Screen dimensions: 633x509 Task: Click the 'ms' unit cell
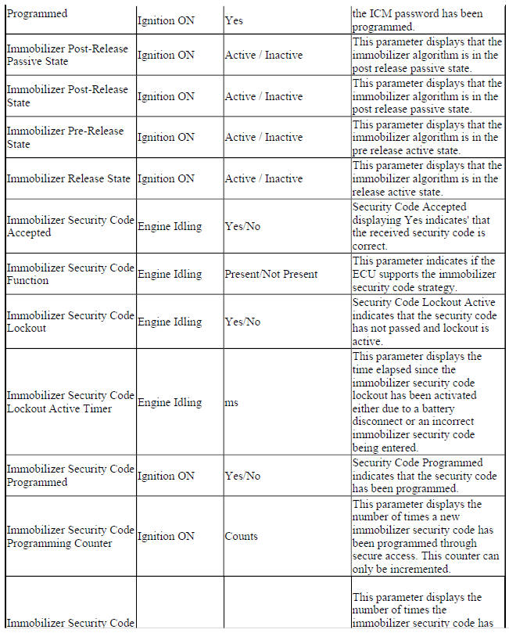[x=231, y=402]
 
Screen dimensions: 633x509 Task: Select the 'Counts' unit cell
[x=242, y=536]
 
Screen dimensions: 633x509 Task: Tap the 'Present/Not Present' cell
[x=271, y=274]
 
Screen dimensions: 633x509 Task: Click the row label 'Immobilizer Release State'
[x=69, y=178]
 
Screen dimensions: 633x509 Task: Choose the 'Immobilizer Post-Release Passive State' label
[x=67, y=55]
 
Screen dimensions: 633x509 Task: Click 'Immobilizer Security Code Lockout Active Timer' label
[x=70, y=402]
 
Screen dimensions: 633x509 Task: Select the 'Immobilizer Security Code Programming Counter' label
[x=70, y=536]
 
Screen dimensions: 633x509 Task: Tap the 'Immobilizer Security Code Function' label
[x=70, y=274]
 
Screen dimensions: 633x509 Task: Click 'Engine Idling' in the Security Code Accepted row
[x=170, y=226]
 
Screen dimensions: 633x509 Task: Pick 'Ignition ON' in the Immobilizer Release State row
[x=166, y=178]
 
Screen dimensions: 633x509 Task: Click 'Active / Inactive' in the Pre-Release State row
[x=263, y=137]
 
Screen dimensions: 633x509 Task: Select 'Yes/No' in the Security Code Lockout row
[x=242, y=322]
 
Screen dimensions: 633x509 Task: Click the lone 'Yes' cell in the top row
[x=234, y=20]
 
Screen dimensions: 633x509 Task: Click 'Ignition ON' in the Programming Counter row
[x=166, y=536]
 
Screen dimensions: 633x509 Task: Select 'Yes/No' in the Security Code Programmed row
[x=242, y=475]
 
